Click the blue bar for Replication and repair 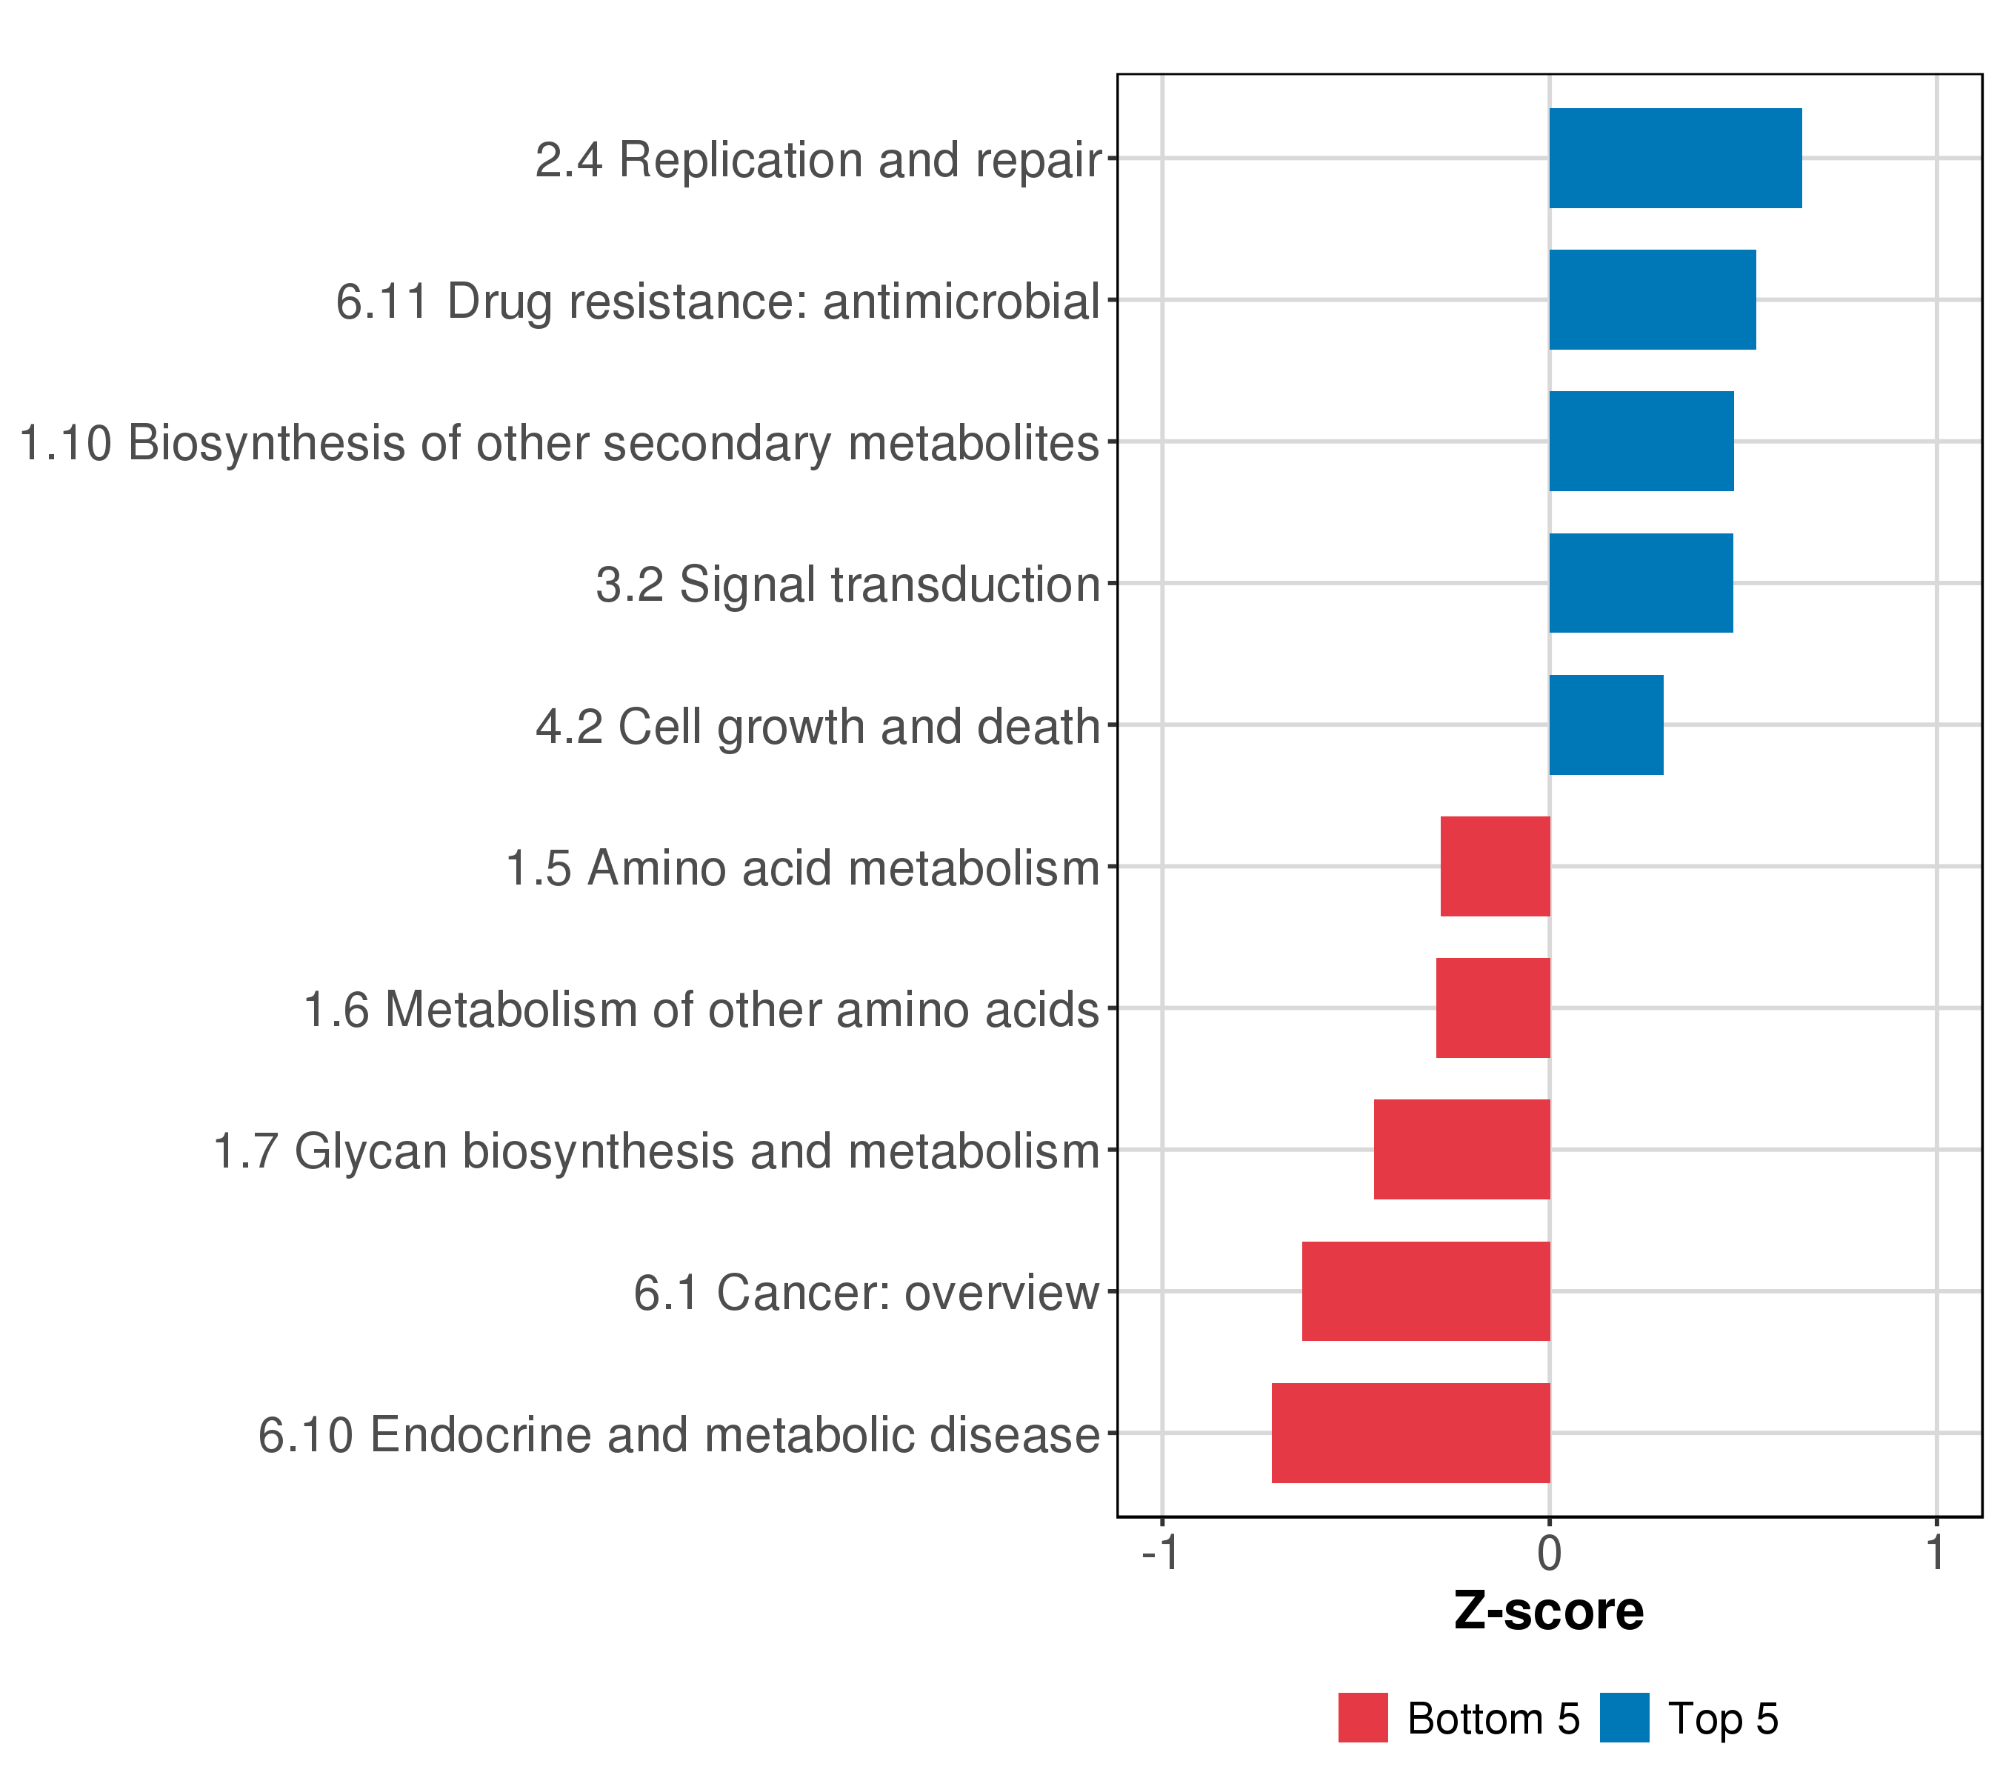[x=1674, y=159]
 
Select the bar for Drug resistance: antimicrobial [x=1652, y=299]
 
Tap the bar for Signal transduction [x=1640, y=583]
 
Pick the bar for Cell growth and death [x=1606, y=725]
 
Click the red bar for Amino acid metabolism [x=1495, y=866]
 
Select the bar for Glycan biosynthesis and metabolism [x=1461, y=1150]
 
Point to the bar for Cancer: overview [x=1426, y=1291]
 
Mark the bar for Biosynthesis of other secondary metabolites [x=1641, y=442]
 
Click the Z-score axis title [x=1549, y=1611]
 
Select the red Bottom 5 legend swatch [x=1363, y=1718]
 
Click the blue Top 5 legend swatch [x=1624, y=1718]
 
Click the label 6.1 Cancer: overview [x=866, y=1293]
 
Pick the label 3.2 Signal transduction [x=848, y=585]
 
